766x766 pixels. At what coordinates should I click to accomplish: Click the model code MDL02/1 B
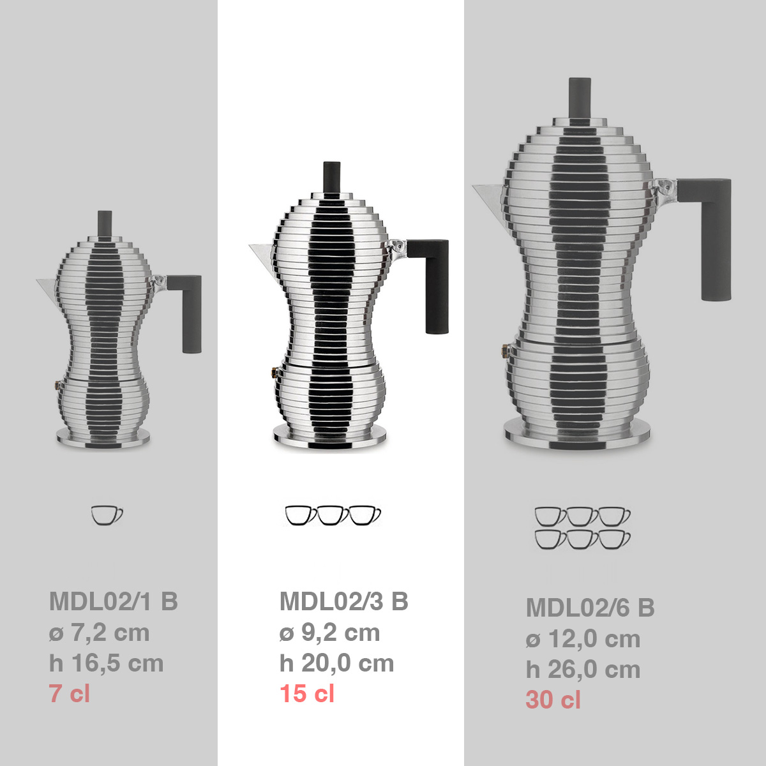pos(114,601)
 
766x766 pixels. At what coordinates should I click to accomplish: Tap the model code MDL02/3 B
pos(344,601)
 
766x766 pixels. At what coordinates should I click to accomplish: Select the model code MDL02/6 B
pos(590,608)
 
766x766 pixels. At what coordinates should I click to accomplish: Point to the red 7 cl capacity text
pos(70,693)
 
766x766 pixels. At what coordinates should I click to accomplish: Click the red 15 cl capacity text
pos(307,693)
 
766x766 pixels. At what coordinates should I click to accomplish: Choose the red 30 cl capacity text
pos(553,700)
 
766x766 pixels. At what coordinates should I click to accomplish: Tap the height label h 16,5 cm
pos(106,663)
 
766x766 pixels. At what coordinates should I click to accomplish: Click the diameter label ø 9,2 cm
pos(329,632)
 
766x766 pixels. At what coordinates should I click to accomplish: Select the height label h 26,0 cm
pos(583,670)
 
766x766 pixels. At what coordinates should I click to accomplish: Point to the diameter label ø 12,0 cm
pos(583,638)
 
